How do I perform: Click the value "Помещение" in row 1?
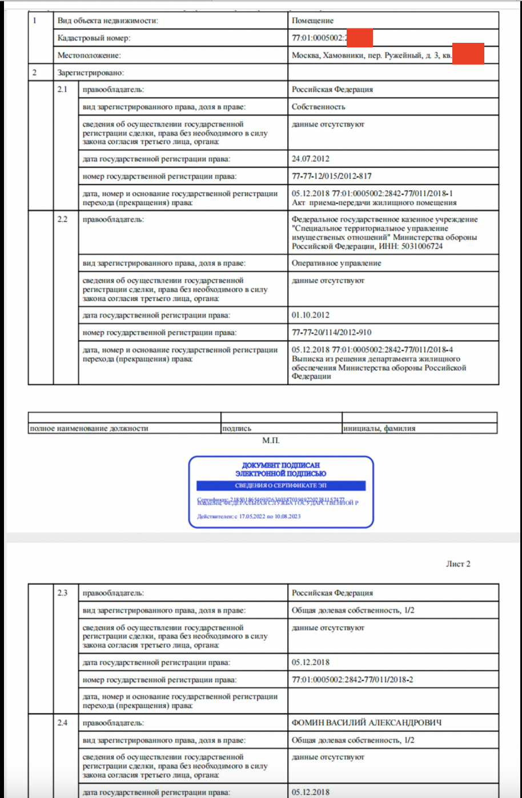[312, 21]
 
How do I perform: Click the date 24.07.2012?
[310, 159]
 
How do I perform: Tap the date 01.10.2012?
[310, 315]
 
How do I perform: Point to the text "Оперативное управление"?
[336, 264]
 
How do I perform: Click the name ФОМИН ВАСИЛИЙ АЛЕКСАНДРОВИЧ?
[367, 723]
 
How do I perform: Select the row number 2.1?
[62, 90]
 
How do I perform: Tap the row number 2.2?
[62, 220]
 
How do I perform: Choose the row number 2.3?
[62, 593]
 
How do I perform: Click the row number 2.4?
[62, 723]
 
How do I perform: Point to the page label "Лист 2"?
[458, 564]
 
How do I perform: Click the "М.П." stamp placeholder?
[271, 441]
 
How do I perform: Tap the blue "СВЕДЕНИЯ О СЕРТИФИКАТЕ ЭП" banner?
[280, 486]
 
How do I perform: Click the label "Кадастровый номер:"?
[94, 38]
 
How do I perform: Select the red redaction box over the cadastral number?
[360, 38]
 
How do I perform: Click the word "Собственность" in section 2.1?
[318, 107]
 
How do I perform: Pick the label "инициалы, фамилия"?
[379, 429]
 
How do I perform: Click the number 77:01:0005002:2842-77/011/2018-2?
[352, 680]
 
